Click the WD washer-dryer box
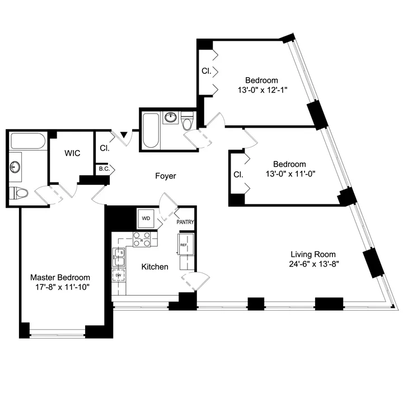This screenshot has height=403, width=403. (146, 217)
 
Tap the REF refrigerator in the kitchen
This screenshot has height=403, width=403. (184, 244)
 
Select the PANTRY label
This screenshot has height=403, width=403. (185, 222)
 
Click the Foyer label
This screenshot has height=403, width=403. (165, 176)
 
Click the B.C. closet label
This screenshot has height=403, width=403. (104, 168)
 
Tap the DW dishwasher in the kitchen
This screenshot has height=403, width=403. (119, 276)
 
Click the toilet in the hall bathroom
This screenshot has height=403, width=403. (188, 121)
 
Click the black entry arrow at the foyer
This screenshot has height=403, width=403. (123, 135)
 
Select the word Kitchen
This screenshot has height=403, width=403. (154, 267)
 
